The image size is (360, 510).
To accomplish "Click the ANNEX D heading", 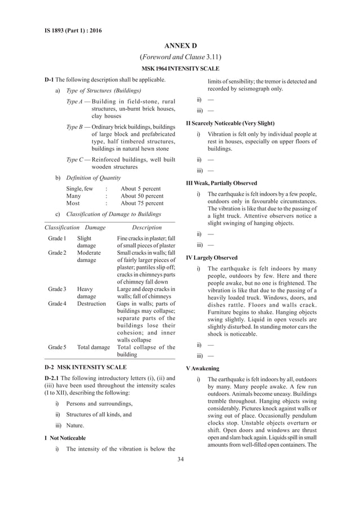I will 180,45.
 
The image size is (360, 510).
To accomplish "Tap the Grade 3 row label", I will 58,289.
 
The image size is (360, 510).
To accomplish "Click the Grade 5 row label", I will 58,347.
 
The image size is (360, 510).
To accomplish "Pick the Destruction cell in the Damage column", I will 91,303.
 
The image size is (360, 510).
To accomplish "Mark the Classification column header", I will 61,227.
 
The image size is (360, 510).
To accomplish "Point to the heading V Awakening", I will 204,368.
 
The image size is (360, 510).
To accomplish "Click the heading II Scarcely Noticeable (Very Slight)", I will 230,123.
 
